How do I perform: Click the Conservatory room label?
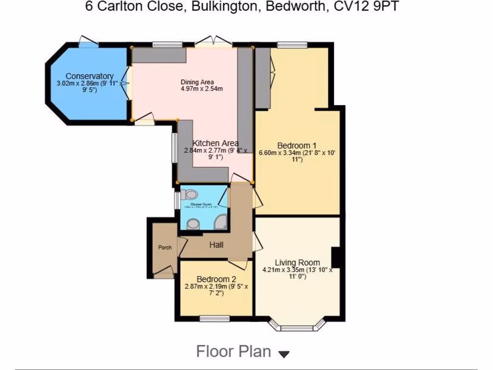pyautogui.click(x=90, y=76)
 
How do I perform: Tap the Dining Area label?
pyautogui.click(x=197, y=82)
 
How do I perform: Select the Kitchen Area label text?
pyautogui.click(x=215, y=143)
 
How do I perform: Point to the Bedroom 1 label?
pyautogui.click(x=297, y=145)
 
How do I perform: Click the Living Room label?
pyautogui.click(x=297, y=263)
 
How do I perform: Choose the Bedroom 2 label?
pyautogui.click(x=216, y=279)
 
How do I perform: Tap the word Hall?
pyautogui.click(x=216, y=245)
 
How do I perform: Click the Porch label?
pyautogui.click(x=165, y=248)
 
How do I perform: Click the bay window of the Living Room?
pyautogui.click(x=297, y=328)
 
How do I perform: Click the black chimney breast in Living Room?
pyautogui.click(x=337, y=257)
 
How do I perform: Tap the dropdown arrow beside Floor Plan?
pyautogui.click(x=284, y=355)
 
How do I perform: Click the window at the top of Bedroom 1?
pyautogui.click(x=292, y=45)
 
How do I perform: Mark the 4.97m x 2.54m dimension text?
pyautogui.click(x=201, y=89)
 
